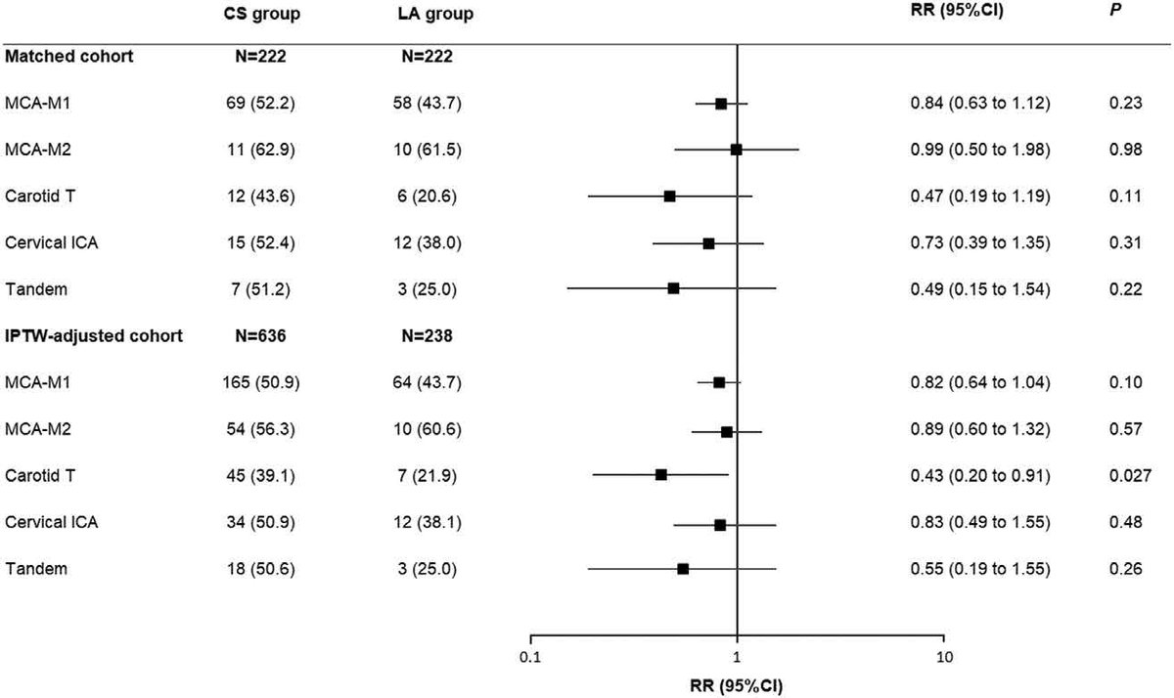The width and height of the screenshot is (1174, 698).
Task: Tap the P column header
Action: click(x=1125, y=15)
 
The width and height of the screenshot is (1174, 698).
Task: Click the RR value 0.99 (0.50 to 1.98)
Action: click(x=979, y=150)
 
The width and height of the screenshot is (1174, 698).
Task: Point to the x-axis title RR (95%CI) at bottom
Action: click(x=737, y=684)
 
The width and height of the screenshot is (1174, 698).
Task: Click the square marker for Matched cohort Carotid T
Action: click(x=669, y=196)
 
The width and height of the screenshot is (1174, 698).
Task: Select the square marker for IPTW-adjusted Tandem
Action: click(x=683, y=569)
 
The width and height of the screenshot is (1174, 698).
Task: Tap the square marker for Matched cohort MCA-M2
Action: click(x=736, y=150)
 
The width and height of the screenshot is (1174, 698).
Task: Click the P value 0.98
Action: click(x=1125, y=150)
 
